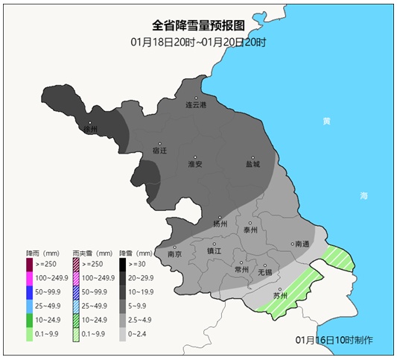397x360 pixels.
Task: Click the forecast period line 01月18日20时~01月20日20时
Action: [198, 42]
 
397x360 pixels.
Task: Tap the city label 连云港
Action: [196, 105]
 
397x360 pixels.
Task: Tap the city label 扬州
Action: [220, 224]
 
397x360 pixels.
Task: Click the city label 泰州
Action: [250, 230]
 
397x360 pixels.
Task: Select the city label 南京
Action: [175, 253]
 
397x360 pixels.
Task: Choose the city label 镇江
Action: [214, 251]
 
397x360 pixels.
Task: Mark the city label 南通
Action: [301, 244]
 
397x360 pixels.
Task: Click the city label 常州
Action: [241, 269]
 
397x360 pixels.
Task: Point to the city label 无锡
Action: [265, 272]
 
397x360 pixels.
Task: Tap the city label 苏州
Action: [280, 296]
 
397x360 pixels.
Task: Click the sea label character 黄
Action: [326, 121]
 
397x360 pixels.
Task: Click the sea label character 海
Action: [363, 195]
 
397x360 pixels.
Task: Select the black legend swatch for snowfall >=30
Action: [123, 264]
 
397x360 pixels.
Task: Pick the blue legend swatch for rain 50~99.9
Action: [30, 292]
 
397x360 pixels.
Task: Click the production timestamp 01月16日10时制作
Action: [334, 341]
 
